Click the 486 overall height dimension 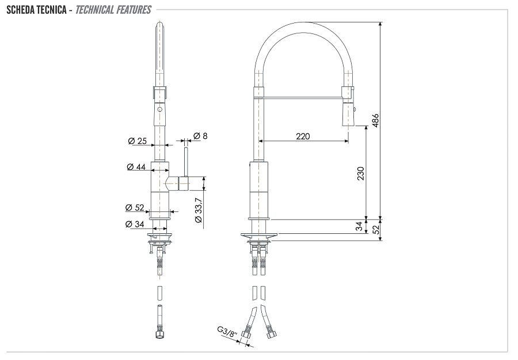point(375,120)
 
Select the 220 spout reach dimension point(303,137)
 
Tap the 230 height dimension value point(360,173)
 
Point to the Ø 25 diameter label point(138,141)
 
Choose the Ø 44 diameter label point(136,167)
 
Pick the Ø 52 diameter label point(135,207)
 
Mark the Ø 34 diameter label point(135,223)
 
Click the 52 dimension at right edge point(375,229)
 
